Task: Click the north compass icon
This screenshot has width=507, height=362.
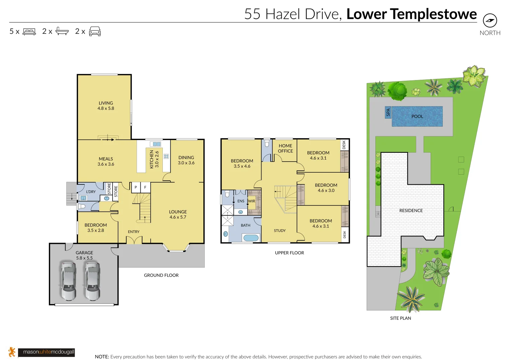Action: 490,21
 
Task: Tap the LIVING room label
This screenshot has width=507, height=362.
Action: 106,103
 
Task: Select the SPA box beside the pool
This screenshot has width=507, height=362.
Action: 388,112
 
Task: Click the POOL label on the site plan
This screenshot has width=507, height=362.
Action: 417,116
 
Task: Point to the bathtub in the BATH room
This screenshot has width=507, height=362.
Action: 251,238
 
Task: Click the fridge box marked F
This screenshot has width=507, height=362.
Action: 145,187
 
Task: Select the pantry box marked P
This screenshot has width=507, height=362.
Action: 136,187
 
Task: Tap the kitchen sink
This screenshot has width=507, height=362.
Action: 156,144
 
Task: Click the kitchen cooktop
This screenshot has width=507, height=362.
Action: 166,156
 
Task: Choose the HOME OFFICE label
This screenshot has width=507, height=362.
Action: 285,148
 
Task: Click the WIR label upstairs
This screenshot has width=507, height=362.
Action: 251,201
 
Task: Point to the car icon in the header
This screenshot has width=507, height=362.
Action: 95,32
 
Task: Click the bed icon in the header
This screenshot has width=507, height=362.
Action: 29,32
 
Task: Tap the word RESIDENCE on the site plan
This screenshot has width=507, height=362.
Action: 411,211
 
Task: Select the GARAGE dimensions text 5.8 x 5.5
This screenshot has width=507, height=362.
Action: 84,258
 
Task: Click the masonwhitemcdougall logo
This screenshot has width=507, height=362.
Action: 47,352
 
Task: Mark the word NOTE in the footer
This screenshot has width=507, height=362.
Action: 102,357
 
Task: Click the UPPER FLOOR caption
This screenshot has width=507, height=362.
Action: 289,253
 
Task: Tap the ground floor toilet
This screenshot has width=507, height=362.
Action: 82,206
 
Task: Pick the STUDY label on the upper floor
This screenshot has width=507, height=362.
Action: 280,231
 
